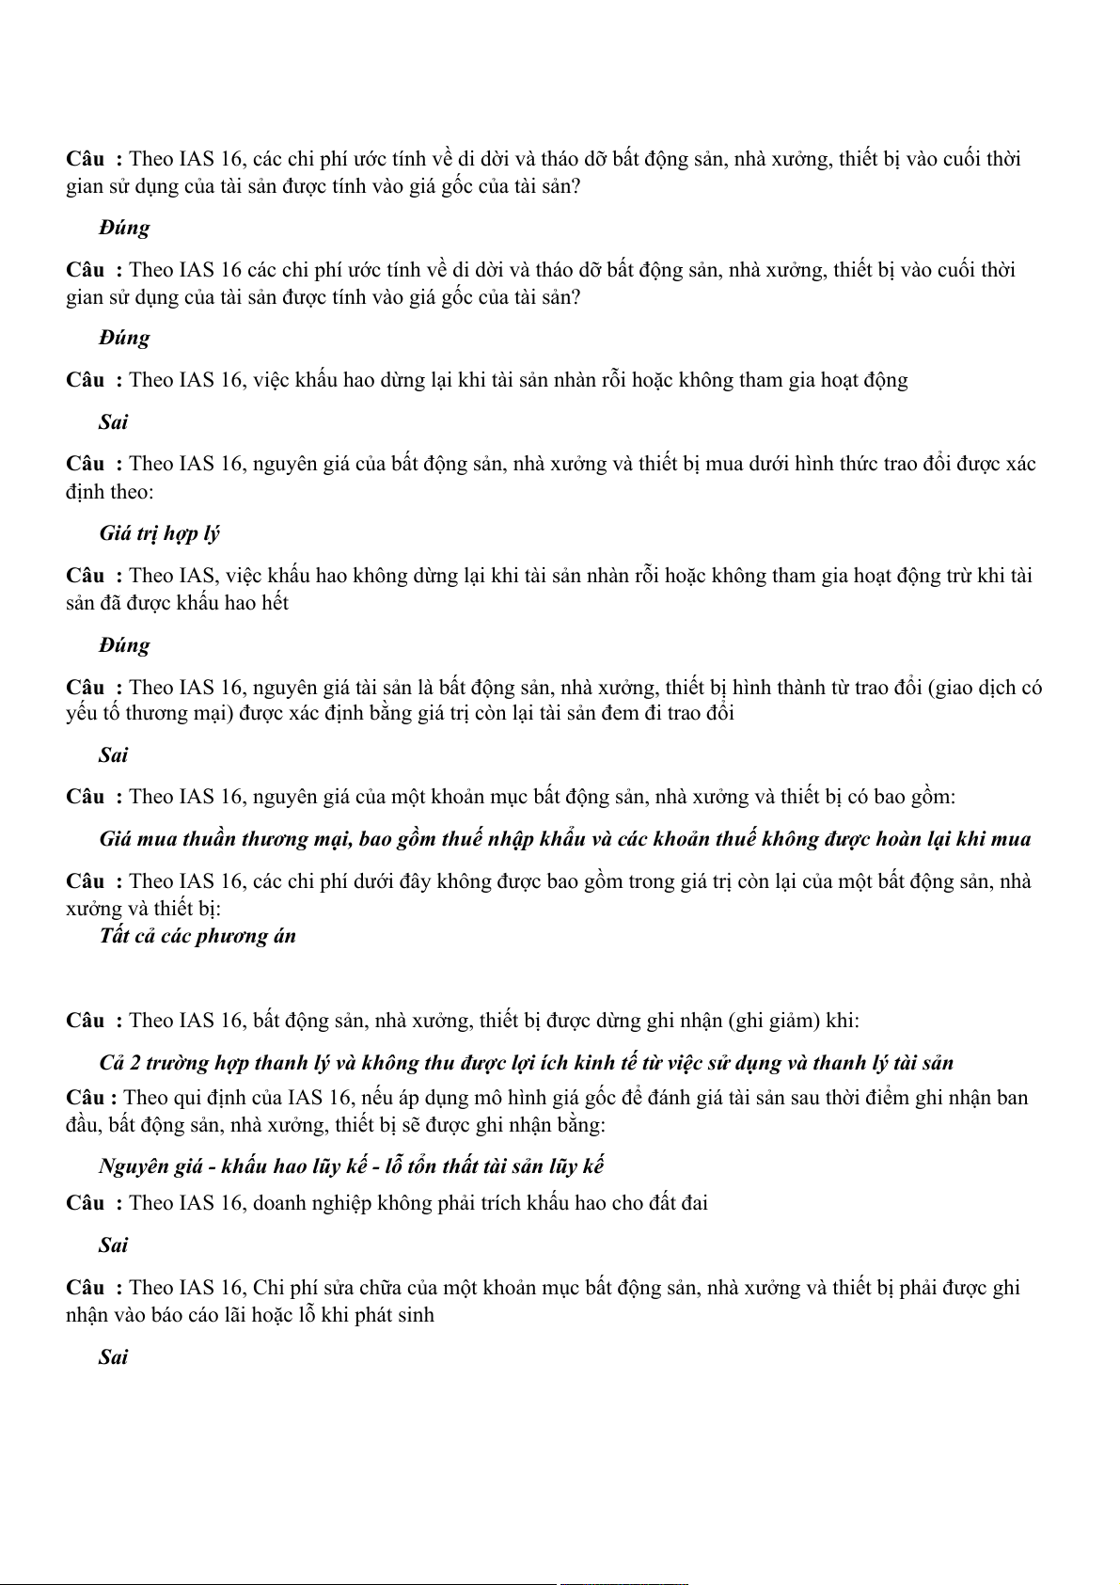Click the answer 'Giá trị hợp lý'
159,533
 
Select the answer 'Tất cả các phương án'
197,936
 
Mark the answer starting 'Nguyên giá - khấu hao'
351,1166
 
